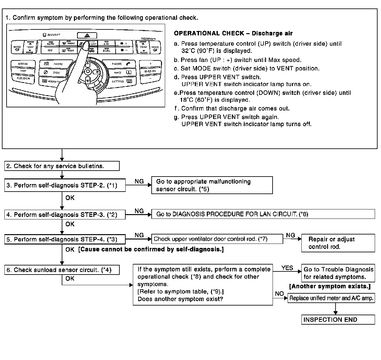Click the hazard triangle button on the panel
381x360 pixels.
[x=87, y=35]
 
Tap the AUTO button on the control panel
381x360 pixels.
[x=50, y=44]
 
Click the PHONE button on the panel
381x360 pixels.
[x=119, y=64]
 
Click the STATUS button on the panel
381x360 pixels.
[x=23, y=64]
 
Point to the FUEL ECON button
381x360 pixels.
[x=23, y=78]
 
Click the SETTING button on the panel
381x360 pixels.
[x=121, y=81]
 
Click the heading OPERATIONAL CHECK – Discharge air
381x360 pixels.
[x=233, y=33]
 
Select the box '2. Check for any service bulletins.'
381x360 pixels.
[x=62, y=166]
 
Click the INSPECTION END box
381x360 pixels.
[x=338, y=320]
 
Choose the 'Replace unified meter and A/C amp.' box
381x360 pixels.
[x=331, y=298]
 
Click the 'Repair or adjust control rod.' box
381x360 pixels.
[x=338, y=243]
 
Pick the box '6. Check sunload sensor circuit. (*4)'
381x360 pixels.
[x=62, y=270]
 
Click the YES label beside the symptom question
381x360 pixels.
[x=287, y=268]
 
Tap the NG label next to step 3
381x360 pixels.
[x=139, y=181]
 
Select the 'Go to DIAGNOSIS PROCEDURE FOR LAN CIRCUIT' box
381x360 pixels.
[x=263, y=214]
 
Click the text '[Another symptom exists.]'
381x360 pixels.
[x=330, y=286]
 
